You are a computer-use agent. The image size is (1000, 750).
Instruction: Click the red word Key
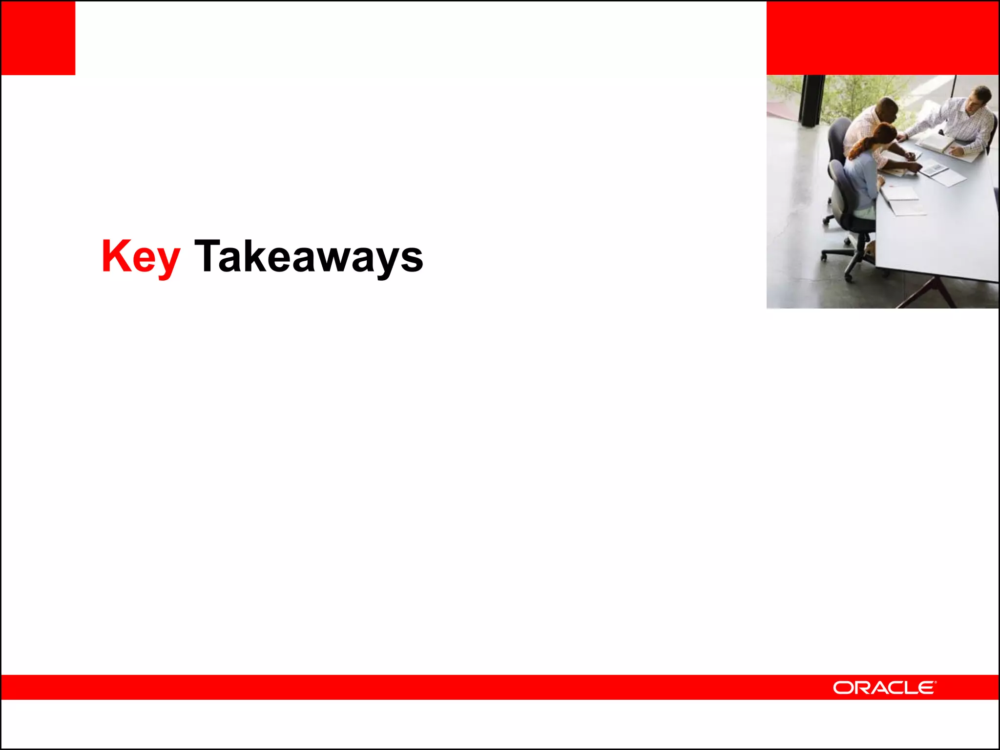coord(141,256)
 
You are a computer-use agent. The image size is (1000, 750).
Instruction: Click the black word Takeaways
coord(309,256)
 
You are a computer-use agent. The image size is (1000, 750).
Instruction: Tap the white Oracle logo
coord(884,687)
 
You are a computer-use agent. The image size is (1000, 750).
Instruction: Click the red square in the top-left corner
coord(38,38)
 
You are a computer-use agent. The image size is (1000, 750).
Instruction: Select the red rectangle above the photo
coord(882,38)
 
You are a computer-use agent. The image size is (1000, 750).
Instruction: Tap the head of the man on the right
coord(980,98)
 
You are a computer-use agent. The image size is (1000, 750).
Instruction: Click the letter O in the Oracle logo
coord(842,688)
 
